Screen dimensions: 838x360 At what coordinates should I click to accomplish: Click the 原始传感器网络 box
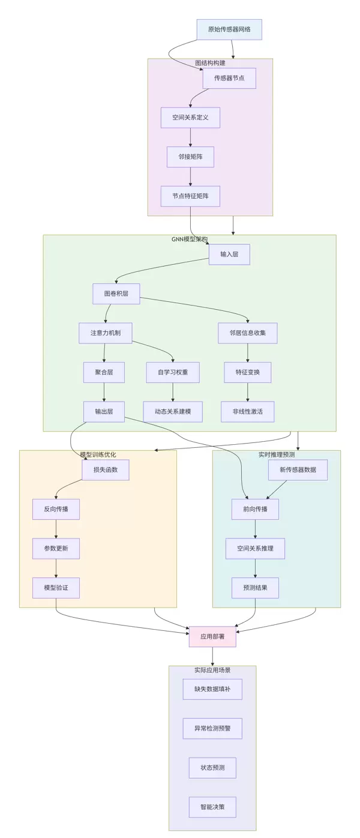tap(229, 29)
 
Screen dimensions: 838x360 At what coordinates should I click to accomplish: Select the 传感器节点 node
tap(229, 78)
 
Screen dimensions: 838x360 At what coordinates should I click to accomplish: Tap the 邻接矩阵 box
tap(190, 157)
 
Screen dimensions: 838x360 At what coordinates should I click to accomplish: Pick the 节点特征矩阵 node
tap(190, 196)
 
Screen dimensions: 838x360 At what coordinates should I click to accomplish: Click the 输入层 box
tap(229, 255)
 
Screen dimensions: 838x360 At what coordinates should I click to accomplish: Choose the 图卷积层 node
tap(116, 294)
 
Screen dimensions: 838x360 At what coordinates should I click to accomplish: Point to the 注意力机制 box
tap(105, 333)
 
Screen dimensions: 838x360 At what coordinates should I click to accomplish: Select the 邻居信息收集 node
tap(247, 333)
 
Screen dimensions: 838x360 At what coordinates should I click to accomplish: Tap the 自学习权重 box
tap(173, 372)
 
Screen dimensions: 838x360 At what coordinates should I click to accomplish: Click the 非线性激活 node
tap(247, 412)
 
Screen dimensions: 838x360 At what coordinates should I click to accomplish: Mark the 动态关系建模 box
tap(173, 412)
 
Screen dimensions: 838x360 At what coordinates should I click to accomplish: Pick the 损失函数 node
tap(105, 470)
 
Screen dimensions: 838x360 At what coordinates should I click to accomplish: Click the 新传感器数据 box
tap(298, 470)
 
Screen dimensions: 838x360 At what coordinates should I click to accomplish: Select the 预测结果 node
tap(255, 588)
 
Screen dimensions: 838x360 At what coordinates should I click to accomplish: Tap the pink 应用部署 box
tap(212, 637)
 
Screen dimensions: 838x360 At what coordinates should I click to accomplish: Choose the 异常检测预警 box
tap(212, 729)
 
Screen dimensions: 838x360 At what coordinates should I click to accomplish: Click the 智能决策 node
tap(212, 807)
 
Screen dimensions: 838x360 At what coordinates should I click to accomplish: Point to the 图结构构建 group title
tap(210, 63)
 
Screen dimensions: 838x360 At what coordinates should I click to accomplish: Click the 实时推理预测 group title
tap(277, 455)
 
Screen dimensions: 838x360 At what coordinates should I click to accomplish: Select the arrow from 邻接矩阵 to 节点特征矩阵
tap(190, 176)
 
